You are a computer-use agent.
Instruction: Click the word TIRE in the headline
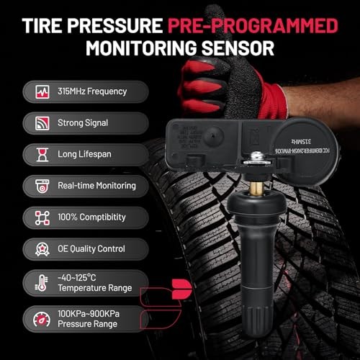click(x=48, y=27)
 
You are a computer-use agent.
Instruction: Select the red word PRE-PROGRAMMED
click(x=254, y=27)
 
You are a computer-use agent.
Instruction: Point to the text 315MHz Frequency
click(x=92, y=91)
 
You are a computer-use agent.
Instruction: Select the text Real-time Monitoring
click(x=97, y=185)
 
